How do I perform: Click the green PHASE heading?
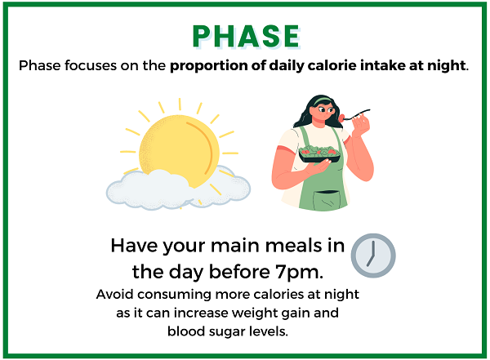coord(247,36)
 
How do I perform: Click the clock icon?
coord(373,256)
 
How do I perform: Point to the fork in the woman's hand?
coord(357,114)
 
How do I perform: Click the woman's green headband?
coord(322,101)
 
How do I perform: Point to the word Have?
coord(134,246)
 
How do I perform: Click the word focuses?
coord(91,65)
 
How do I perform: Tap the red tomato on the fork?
coord(342,118)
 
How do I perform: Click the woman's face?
coord(323,114)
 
